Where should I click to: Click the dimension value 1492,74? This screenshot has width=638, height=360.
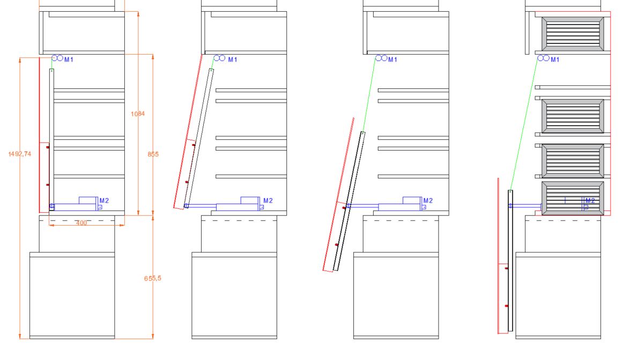pos(20,154)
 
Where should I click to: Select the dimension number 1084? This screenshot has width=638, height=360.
pos(138,114)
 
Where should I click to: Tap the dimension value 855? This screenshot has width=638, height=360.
pos(153,154)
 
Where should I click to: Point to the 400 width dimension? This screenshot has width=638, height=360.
pos(81,223)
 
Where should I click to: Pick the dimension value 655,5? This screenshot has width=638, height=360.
pos(153,278)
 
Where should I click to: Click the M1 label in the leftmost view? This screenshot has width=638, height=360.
pos(69,59)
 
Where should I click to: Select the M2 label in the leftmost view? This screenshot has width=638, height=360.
pos(104,201)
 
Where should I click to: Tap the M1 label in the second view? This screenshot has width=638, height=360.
pos(233,59)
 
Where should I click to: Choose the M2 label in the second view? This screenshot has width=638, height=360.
pos(268,201)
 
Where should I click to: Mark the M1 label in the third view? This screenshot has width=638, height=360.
pos(393,59)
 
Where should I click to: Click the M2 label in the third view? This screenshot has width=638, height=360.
pos(428,201)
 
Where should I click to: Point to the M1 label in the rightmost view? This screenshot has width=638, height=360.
pos(555,59)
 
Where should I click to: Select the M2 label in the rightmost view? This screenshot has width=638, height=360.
pos(590,201)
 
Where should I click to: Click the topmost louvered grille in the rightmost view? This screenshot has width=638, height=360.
pos(573,34)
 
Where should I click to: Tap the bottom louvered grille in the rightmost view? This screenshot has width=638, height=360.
pos(573,198)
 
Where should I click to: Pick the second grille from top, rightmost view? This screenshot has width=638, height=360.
pos(573,116)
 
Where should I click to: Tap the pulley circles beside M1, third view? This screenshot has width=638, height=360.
pos(381,58)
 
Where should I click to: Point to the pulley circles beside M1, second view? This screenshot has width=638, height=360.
pos(219,58)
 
